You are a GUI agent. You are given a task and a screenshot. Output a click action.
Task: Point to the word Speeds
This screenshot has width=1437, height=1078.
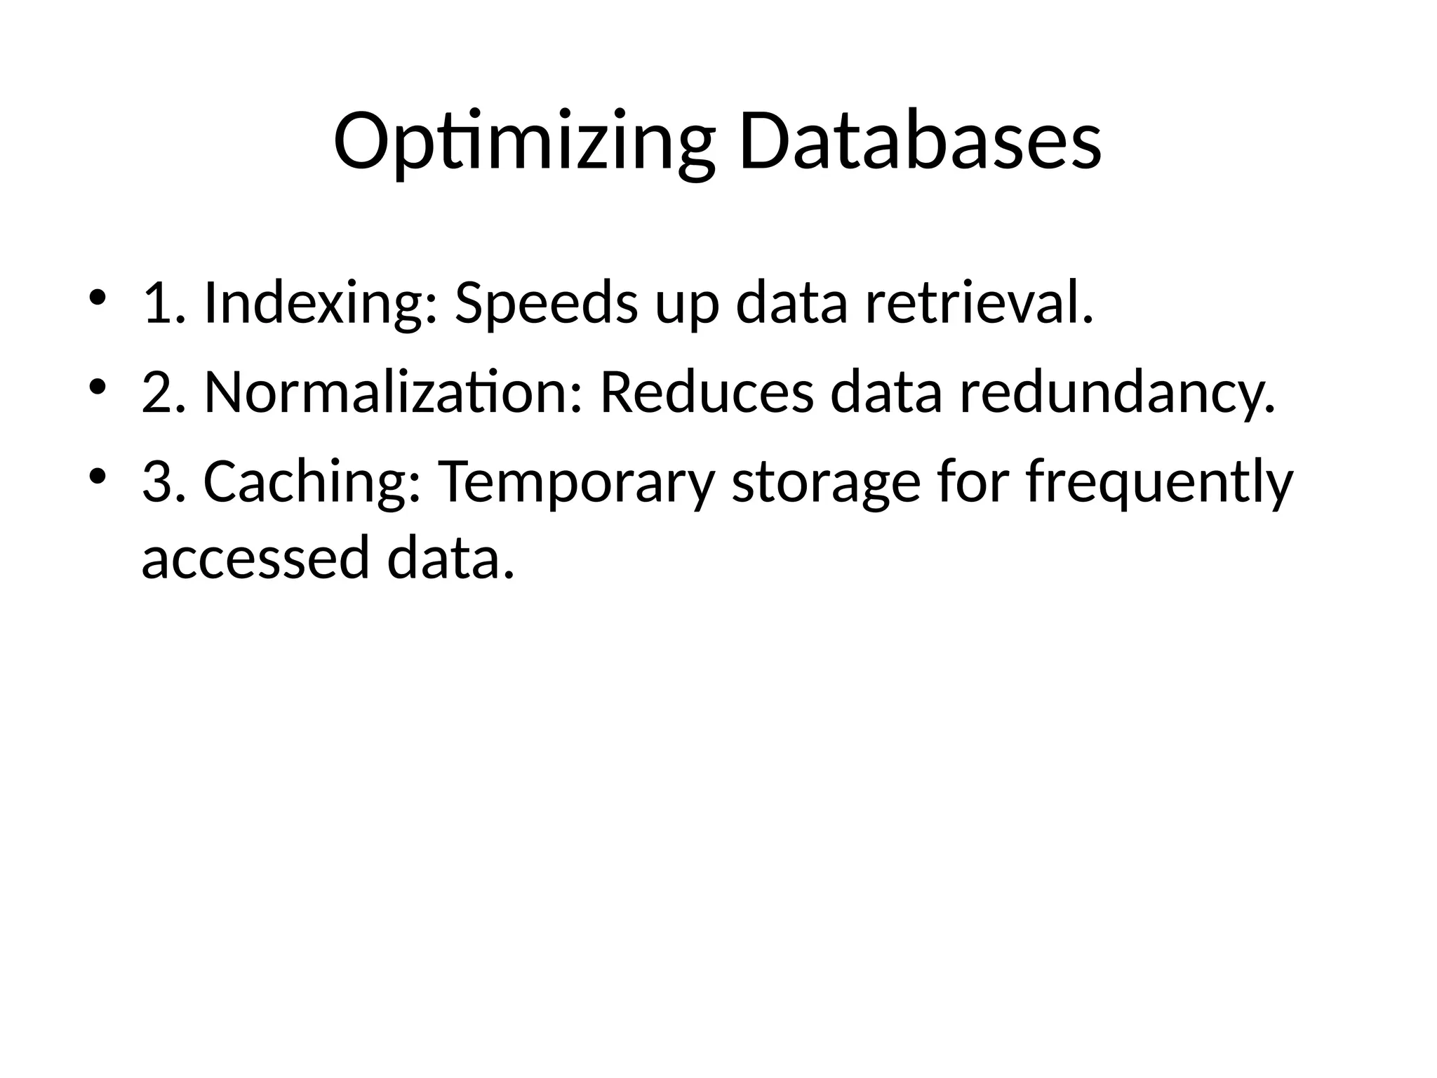click(547, 304)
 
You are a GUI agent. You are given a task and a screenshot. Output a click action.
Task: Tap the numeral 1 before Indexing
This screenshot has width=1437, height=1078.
click(156, 304)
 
